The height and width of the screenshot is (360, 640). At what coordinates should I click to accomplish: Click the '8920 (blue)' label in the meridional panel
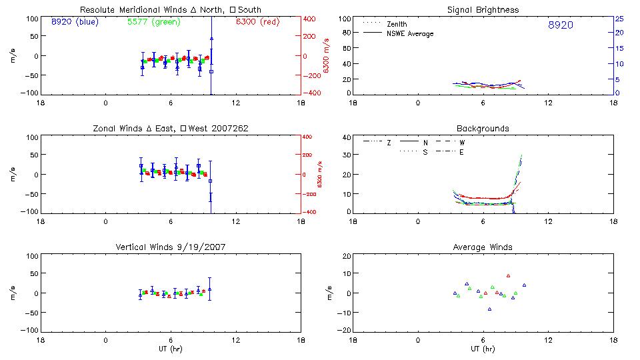click(74, 22)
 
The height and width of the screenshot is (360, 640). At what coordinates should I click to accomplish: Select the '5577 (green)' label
click(150, 22)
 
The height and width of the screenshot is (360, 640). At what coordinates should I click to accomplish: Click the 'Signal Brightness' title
click(483, 10)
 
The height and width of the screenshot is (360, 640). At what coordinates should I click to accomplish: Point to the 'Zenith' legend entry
click(397, 24)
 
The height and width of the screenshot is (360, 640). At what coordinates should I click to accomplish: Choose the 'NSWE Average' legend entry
click(410, 33)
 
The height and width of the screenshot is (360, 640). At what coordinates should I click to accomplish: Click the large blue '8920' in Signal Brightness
click(560, 25)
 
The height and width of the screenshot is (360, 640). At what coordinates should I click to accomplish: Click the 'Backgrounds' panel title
click(483, 128)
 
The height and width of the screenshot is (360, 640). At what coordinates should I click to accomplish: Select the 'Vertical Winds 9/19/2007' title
click(170, 247)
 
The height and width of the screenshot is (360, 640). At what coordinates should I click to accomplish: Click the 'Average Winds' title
click(483, 247)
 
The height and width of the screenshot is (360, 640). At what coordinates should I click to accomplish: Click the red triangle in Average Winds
click(508, 275)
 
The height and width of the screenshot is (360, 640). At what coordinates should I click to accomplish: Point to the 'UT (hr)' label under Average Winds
click(483, 349)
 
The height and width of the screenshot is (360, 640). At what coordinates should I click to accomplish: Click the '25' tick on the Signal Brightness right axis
click(619, 19)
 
